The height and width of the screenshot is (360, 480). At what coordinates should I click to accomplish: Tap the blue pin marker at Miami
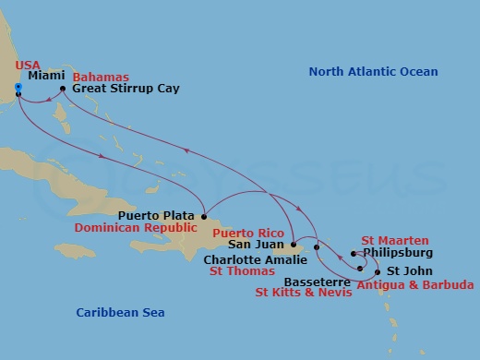pos(18,88)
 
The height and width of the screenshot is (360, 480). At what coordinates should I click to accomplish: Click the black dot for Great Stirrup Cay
pos(63,90)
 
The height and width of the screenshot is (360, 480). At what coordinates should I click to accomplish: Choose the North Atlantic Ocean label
pos(373,71)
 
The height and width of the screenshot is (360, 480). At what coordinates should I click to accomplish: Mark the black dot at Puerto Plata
pos(205,216)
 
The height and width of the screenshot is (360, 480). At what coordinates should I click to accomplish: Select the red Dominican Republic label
pos(150,227)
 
